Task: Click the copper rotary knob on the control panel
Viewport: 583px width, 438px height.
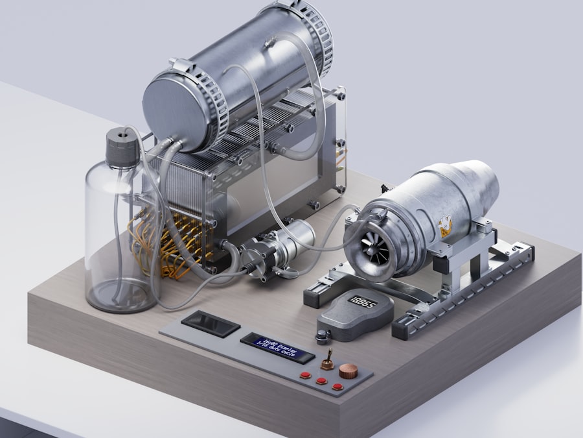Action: [348, 371]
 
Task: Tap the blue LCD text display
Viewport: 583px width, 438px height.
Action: [277, 348]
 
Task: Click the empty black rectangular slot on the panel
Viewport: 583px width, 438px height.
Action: [210, 323]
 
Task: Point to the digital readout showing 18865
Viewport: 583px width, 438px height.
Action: [363, 302]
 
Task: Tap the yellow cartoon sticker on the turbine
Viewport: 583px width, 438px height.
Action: [445, 226]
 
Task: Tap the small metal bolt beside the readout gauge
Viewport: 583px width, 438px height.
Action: [322, 336]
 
